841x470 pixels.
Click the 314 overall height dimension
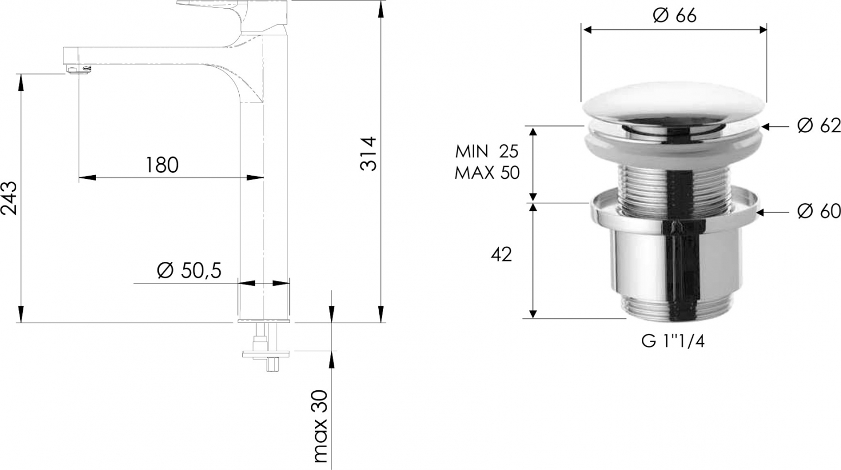pos(368,154)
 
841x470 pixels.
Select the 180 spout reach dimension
pos(162,165)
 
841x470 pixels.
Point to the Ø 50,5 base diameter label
pos(189,270)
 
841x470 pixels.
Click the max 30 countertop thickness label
pos(320,426)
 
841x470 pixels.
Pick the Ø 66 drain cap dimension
pos(674,15)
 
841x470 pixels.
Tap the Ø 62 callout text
pos(819,126)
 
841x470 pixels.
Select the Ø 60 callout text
pos(819,211)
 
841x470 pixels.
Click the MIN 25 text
pos(487,152)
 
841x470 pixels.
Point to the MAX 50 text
pos(487,173)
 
